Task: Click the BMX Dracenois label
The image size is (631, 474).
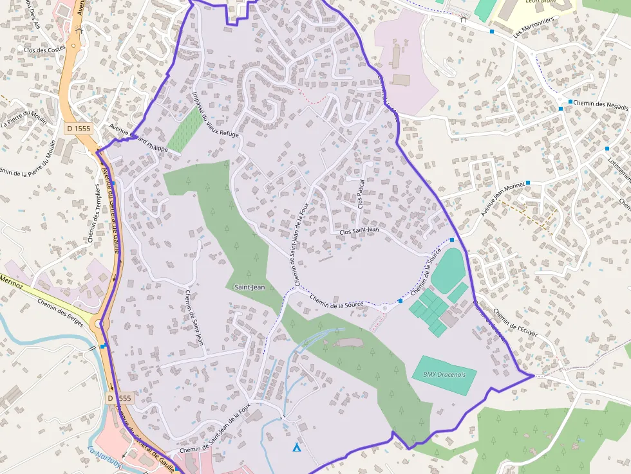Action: point(444,374)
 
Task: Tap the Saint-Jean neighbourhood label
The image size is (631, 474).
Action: point(249,287)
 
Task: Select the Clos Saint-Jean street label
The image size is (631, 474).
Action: point(359,230)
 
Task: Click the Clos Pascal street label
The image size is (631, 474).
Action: point(361,194)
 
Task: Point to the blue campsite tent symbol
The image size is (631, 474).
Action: point(297,447)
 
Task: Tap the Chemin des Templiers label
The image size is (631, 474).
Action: point(95,219)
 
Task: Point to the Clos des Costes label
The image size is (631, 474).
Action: point(44,49)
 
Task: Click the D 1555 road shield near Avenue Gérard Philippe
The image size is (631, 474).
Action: point(79,128)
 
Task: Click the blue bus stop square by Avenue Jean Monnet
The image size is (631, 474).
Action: point(528,183)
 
